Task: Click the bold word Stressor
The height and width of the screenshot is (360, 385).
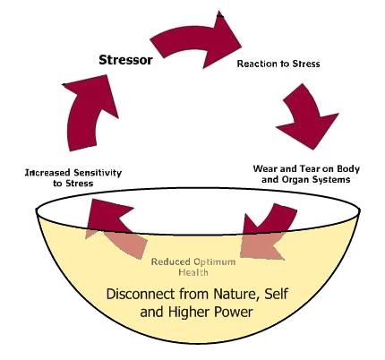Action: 125,60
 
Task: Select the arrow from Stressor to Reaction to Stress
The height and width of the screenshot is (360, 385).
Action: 195,39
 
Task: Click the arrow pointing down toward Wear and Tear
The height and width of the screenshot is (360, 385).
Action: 307,116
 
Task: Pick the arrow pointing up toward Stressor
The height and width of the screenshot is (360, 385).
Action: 90,114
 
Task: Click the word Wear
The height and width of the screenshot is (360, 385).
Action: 265,168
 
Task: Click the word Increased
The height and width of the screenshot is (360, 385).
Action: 48,173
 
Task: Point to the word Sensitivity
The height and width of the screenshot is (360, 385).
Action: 98,173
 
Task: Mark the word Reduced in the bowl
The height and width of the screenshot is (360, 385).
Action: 171,262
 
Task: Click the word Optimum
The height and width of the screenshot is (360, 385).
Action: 214,262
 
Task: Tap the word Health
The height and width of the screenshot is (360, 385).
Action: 193,272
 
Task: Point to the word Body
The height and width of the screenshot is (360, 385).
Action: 348,169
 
